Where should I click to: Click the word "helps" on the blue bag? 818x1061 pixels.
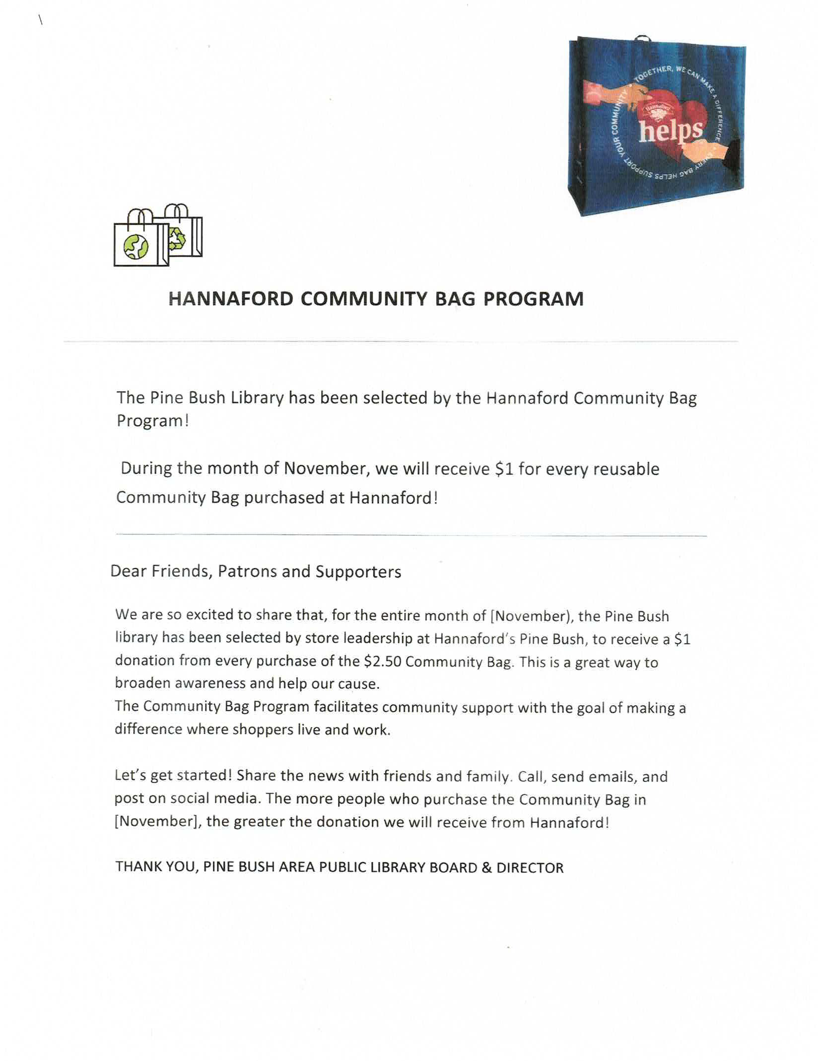click(671, 131)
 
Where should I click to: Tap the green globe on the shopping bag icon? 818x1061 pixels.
click(136, 246)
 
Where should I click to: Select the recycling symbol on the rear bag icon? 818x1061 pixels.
click(177, 238)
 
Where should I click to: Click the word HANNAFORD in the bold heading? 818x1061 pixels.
click(231, 299)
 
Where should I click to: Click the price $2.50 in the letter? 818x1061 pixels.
click(382, 662)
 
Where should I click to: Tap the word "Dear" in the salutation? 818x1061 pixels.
click(128, 571)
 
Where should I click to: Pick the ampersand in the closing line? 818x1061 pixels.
click(486, 867)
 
